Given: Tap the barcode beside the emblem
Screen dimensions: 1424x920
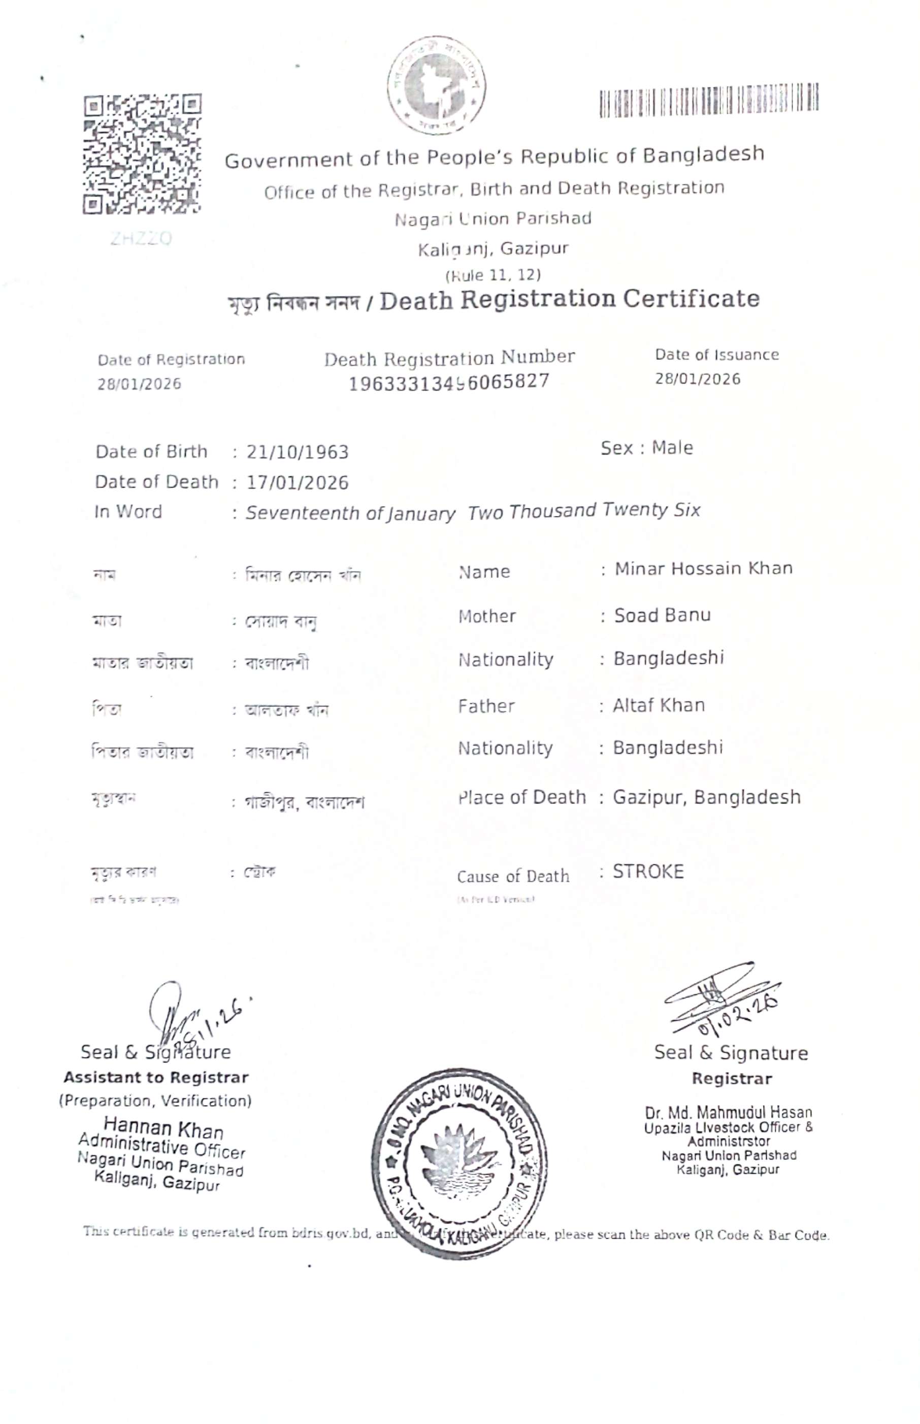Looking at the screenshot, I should [709, 99].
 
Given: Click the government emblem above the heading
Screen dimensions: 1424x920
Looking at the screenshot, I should [436, 84].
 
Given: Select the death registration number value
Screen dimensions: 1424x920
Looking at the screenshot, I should [449, 381].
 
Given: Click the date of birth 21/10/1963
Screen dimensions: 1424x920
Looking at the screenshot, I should [298, 452].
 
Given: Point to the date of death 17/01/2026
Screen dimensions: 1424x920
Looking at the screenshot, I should [298, 483].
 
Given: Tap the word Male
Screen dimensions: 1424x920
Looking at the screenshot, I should [672, 447].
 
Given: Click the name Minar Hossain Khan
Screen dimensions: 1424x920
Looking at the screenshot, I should [703, 568].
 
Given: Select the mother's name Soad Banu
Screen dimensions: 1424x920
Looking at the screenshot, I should [662, 615].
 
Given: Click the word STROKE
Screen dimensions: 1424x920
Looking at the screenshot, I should [648, 872].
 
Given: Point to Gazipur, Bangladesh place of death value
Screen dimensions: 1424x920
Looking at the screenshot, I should [707, 797].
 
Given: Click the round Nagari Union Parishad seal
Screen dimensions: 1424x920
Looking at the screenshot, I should [459, 1163].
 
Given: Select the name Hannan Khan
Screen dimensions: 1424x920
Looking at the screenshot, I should [163, 1129].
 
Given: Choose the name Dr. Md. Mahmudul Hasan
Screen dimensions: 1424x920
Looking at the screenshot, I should [728, 1112].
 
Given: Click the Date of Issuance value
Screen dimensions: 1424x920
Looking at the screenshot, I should [697, 379].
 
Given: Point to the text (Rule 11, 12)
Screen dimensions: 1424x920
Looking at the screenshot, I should [493, 275].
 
